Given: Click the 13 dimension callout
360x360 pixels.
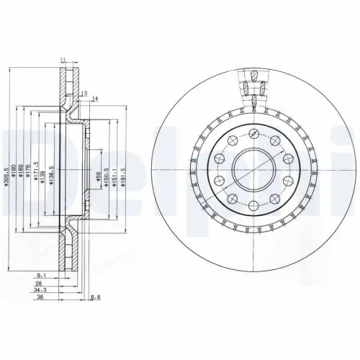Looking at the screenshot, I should pos(84,94).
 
